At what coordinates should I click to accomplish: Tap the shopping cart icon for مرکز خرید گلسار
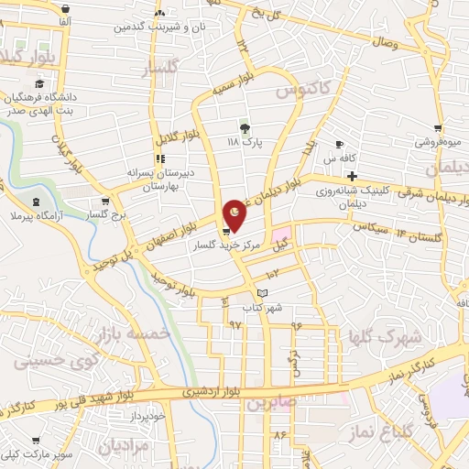(225, 231)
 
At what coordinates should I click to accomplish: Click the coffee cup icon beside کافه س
(339, 145)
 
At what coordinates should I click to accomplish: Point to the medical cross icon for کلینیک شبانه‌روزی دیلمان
(352, 176)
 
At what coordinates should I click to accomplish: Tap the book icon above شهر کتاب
(264, 293)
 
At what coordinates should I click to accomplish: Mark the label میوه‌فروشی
(438, 143)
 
